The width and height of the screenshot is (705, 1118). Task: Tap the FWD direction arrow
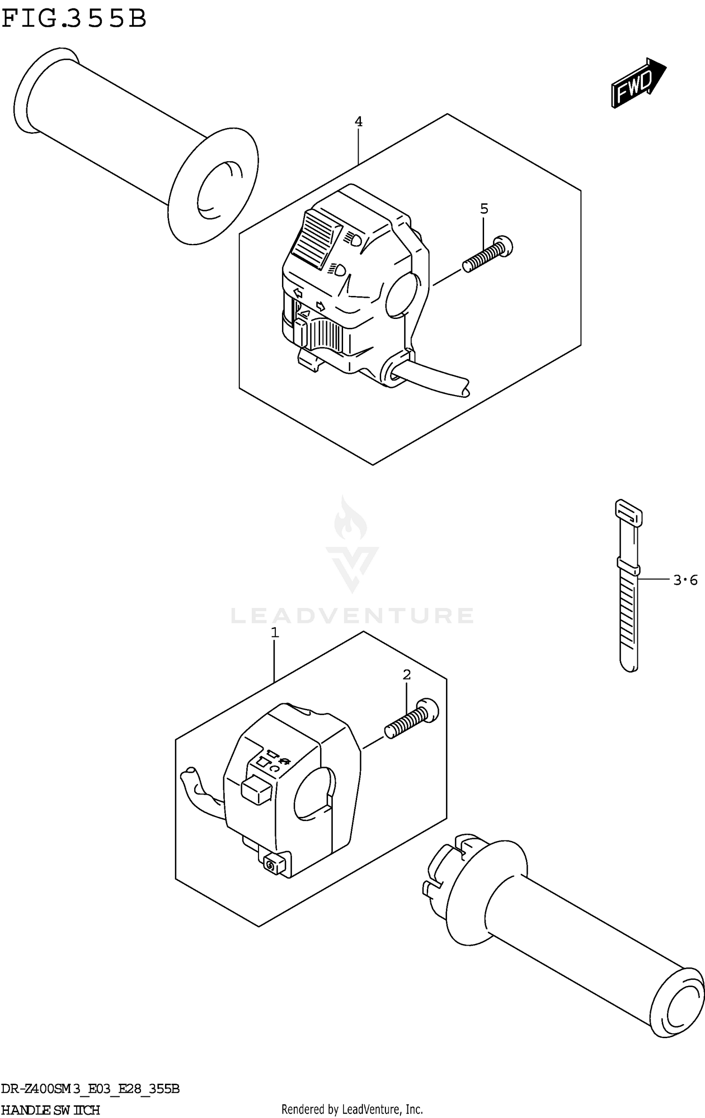[638, 83]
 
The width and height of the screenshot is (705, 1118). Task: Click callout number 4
[358, 122]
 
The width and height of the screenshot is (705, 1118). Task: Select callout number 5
[484, 209]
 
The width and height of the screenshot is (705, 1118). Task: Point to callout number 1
[275, 633]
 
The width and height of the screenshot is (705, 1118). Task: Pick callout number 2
[407, 675]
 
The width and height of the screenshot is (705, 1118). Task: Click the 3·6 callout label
[685, 581]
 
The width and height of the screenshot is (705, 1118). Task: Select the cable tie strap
[628, 592]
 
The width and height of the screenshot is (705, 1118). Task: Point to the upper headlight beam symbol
[354, 240]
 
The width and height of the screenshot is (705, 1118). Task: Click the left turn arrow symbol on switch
[297, 294]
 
